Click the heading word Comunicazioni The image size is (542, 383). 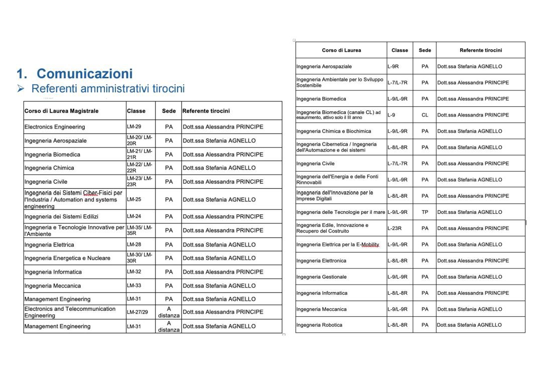84,74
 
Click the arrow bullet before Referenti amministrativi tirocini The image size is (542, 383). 21,89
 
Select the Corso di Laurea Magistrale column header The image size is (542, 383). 61,111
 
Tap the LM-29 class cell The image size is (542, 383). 134,127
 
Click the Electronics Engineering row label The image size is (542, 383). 55,127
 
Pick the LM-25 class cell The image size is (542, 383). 134,199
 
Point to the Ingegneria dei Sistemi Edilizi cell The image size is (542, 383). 61,217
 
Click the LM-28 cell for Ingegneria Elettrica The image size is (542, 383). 134,245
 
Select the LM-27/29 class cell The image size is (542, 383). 138,312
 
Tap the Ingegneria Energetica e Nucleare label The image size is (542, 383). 67,258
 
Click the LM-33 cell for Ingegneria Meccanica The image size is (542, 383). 134,286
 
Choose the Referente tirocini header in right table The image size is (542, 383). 480,50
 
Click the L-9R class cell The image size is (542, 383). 393,66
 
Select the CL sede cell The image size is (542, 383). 425,115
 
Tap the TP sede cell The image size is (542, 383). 425,212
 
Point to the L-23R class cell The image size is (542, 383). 395,228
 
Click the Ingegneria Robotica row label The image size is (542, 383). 319,325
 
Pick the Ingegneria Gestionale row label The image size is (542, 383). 321,277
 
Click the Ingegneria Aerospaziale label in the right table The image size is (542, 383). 324,66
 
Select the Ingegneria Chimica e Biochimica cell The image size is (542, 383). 334,131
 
